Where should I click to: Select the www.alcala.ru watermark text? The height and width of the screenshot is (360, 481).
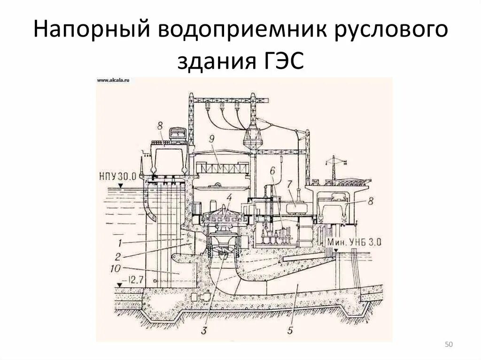click(113, 81)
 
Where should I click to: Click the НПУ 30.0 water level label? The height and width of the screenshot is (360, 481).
click(117, 176)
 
